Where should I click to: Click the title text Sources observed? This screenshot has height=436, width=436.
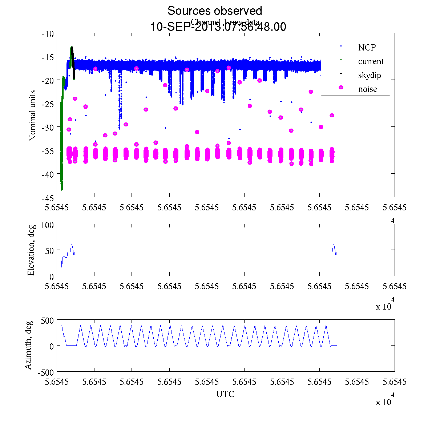(x=214, y=11)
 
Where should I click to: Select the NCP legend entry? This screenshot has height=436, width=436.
(x=367, y=47)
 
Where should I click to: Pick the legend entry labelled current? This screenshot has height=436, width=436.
(x=371, y=61)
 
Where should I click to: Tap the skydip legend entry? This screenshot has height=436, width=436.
(x=370, y=75)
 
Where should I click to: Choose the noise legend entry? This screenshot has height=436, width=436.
(x=367, y=89)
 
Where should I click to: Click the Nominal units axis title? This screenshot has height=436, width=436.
(x=33, y=116)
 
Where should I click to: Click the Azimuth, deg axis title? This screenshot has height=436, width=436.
(x=29, y=345)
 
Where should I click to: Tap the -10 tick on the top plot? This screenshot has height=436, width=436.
(x=48, y=34)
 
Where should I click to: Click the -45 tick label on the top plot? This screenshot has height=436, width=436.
(x=48, y=198)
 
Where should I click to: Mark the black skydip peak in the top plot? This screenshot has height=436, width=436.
(x=72, y=48)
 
